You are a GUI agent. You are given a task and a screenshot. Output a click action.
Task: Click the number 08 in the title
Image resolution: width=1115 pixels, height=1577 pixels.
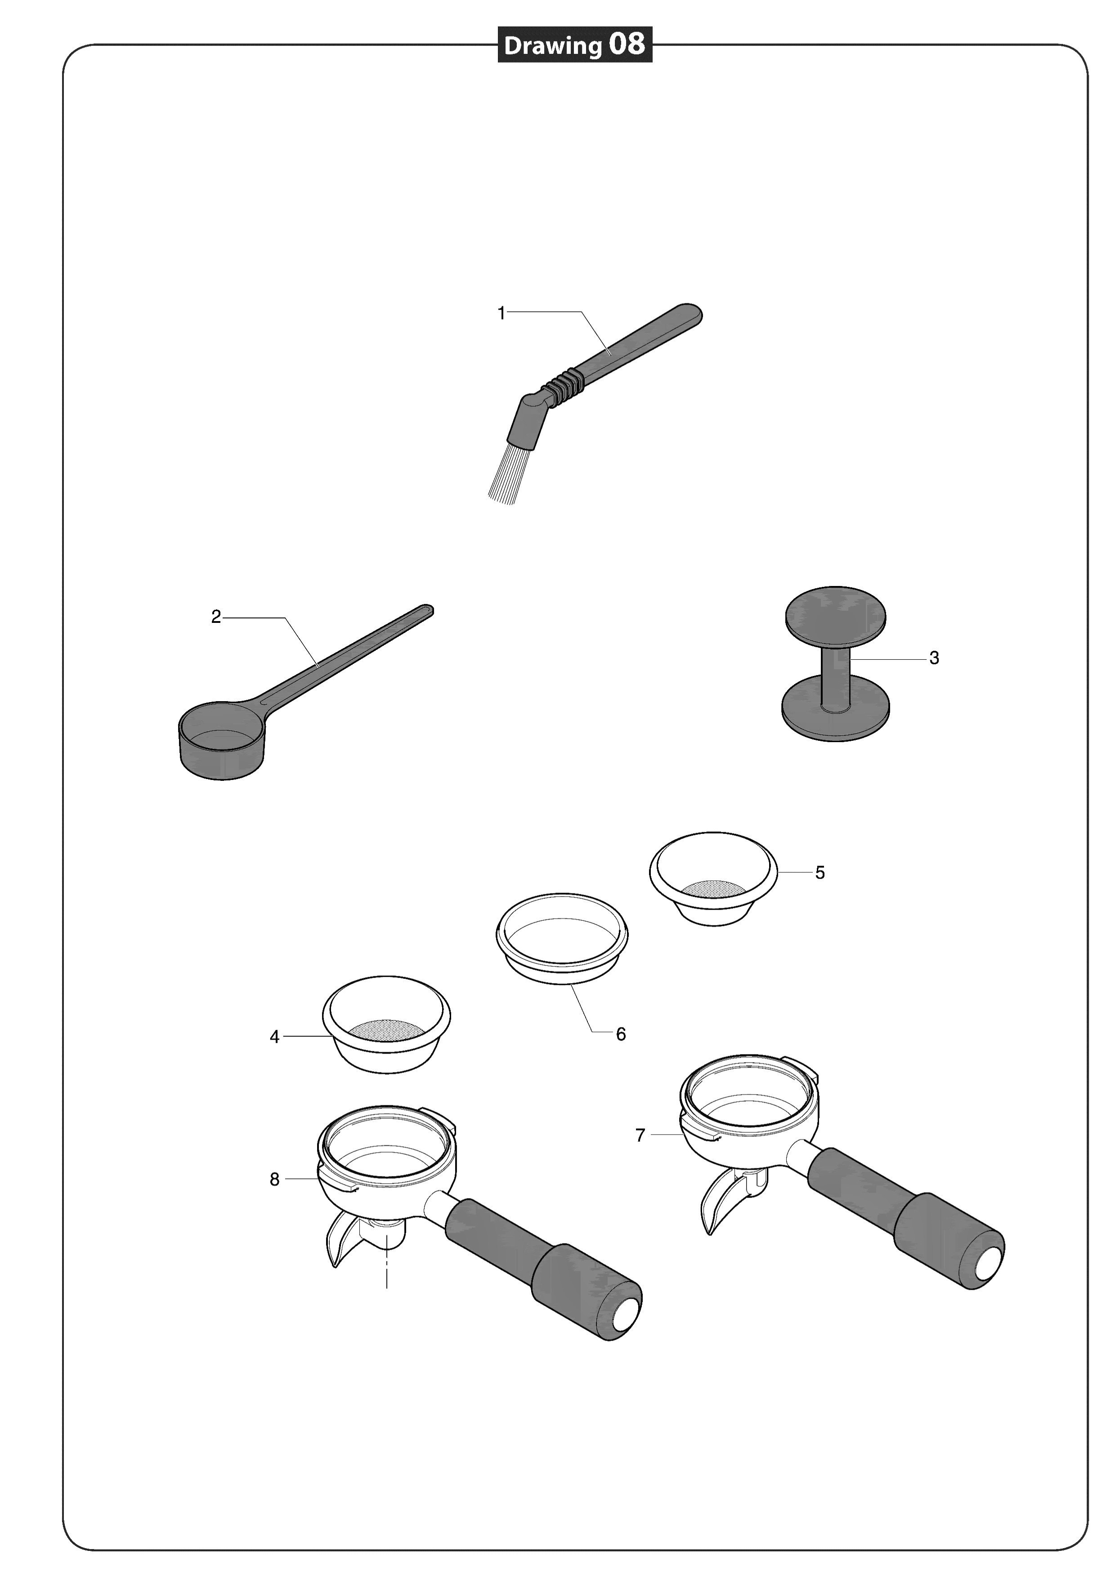(626, 45)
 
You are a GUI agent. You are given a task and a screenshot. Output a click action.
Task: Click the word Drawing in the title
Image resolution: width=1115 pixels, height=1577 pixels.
(553, 46)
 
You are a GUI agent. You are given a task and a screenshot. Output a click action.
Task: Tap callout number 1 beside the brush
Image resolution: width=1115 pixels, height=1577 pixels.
(501, 313)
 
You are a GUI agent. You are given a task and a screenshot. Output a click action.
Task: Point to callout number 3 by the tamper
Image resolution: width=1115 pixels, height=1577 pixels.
(934, 658)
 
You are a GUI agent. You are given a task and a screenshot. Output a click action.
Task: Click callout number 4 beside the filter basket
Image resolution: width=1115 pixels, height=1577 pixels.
(275, 1037)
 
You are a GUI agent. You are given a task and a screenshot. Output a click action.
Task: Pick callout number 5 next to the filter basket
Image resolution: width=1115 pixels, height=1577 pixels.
(820, 873)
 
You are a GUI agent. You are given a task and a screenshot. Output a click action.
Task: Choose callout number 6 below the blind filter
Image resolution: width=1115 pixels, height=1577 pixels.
(621, 1034)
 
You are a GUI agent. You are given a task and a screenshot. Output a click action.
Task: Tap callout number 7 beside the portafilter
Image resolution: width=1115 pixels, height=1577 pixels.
(640, 1136)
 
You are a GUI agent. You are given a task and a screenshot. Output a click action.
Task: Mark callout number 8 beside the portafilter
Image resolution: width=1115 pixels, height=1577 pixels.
(275, 1180)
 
